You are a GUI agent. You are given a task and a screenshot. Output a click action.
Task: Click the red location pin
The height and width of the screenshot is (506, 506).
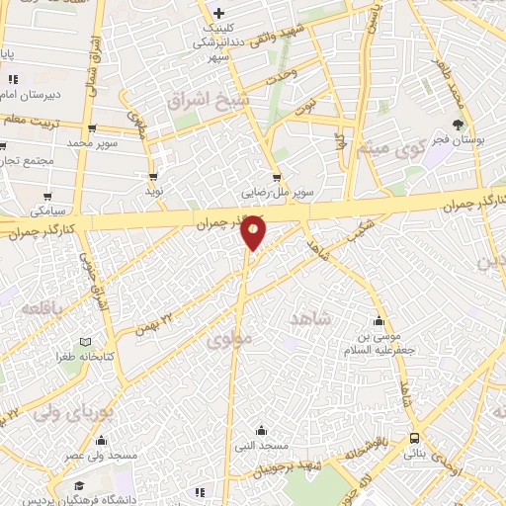tap(254, 231)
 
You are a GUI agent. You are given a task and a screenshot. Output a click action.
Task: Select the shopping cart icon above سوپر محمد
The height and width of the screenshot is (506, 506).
tap(92, 128)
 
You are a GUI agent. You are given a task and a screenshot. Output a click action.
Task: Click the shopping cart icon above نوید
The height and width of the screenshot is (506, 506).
tap(153, 174)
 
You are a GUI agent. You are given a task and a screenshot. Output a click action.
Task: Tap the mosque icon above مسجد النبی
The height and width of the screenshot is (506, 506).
tap(260, 431)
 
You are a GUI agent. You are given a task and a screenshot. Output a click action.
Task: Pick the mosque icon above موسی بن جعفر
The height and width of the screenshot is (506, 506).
tap(379, 321)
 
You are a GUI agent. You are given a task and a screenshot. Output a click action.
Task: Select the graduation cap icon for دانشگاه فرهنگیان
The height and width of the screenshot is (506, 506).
tap(78, 487)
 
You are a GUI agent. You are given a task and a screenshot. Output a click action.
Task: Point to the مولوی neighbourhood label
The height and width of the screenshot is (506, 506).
tap(232, 339)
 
